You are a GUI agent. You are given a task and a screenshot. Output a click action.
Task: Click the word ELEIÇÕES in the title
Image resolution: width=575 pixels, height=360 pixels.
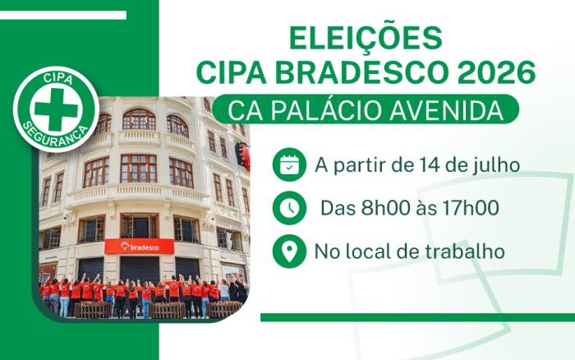point(366,37)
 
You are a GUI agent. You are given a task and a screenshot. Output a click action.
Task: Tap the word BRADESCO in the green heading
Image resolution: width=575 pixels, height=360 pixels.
point(361,72)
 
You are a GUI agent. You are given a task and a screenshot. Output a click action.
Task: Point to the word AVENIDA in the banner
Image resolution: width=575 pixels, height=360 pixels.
point(446,110)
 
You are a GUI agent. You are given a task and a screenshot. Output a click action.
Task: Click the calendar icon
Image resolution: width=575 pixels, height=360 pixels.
point(289,164)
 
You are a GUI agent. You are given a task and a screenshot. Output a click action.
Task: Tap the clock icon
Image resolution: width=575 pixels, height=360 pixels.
point(289,208)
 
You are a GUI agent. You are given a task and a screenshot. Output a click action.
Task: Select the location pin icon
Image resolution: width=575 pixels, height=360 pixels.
point(289,251)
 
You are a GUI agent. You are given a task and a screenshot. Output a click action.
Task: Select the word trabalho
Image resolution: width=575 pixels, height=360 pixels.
point(465,252)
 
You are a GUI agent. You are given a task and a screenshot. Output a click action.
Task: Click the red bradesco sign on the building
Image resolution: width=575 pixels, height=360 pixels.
point(140,247)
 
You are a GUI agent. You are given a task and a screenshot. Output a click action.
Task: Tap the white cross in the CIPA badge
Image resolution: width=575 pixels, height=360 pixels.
point(56,109)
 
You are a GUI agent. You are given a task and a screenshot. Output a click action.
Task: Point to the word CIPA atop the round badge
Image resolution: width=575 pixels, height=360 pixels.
point(57,78)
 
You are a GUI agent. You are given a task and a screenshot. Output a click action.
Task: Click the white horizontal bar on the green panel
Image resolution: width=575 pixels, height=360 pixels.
point(63,15)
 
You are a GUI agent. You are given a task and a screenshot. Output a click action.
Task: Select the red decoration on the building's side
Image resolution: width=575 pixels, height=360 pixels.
point(243,155)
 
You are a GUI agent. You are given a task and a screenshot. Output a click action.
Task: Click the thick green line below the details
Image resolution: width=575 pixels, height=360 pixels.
point(417,317)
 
